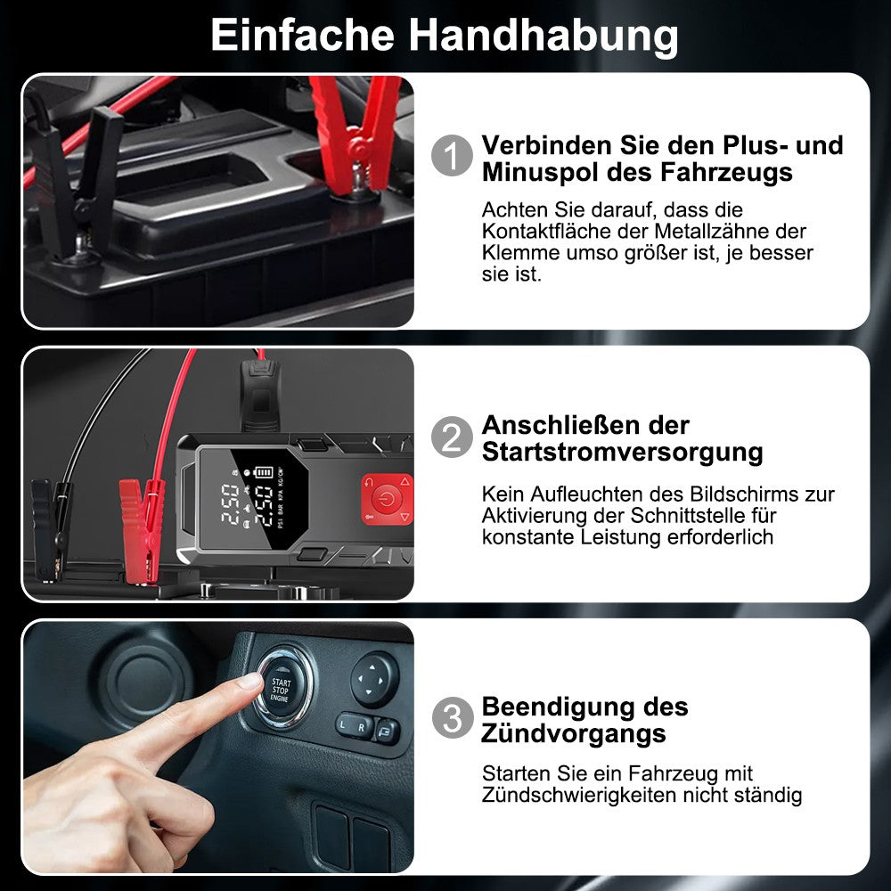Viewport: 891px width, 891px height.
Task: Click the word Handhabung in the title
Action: click(x=543, y=36)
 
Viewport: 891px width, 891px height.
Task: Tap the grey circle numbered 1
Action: click(x=452, y=155)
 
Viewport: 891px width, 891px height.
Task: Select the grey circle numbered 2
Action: click(x=452, y=437)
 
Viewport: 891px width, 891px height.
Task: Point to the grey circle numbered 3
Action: click(x=453, y=717)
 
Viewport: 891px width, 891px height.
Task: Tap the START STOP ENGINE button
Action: click(x=280, y=690)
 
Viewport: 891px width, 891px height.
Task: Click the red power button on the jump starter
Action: click(x=387, y=500)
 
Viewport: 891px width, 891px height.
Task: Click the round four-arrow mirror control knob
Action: click(x=374, y=679)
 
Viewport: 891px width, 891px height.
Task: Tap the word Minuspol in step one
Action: click(x=540, y=173)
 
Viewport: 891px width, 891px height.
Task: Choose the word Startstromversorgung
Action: click(x=622, y=454)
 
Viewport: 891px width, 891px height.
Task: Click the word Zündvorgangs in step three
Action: click(x=573, y=733)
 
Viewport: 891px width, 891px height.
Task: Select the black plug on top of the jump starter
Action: click(x=260, y=394)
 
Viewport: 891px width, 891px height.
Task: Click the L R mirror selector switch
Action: click(x=354, y=725)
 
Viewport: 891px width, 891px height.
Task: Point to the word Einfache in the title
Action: click(x=302, y=36)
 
